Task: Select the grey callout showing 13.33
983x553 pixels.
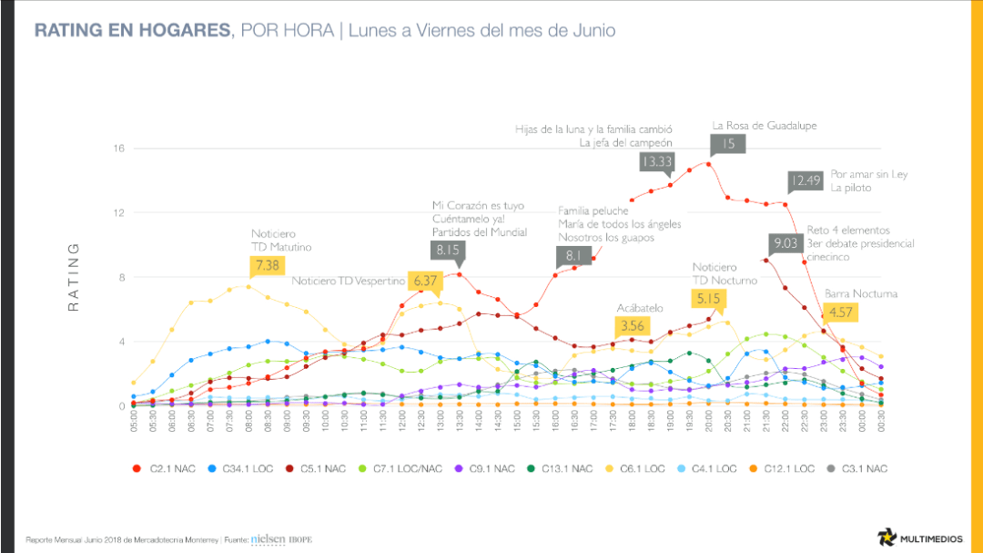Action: [656, 161]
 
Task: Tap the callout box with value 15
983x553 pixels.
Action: [728, 143]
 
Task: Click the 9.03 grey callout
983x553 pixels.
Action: [785, 242]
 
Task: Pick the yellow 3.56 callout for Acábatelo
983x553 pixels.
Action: [632, 325]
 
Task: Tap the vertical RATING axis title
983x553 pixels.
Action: [75, 278]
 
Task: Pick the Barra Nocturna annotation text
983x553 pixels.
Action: [860, 293]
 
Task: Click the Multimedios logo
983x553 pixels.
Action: [920, 537]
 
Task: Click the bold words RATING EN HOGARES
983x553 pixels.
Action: [131, 31]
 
